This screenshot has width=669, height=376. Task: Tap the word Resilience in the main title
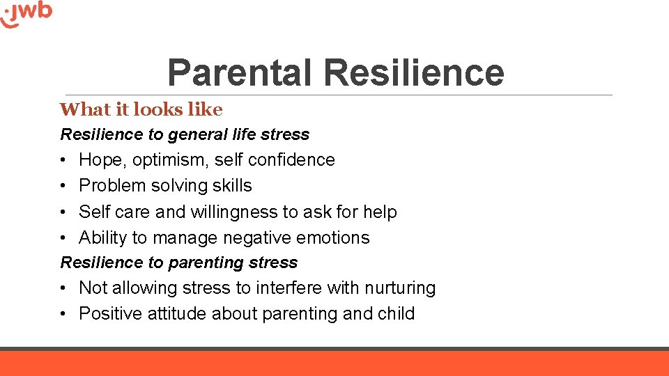[x=414, y=72]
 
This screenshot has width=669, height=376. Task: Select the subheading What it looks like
[x=141, y=109]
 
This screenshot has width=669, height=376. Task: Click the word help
[x=380, y=212]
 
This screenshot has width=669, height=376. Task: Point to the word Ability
[x=103, y=237]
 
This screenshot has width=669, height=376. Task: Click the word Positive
[x=111, y=314]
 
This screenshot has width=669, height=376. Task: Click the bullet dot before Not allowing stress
[x=63, y=288]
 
